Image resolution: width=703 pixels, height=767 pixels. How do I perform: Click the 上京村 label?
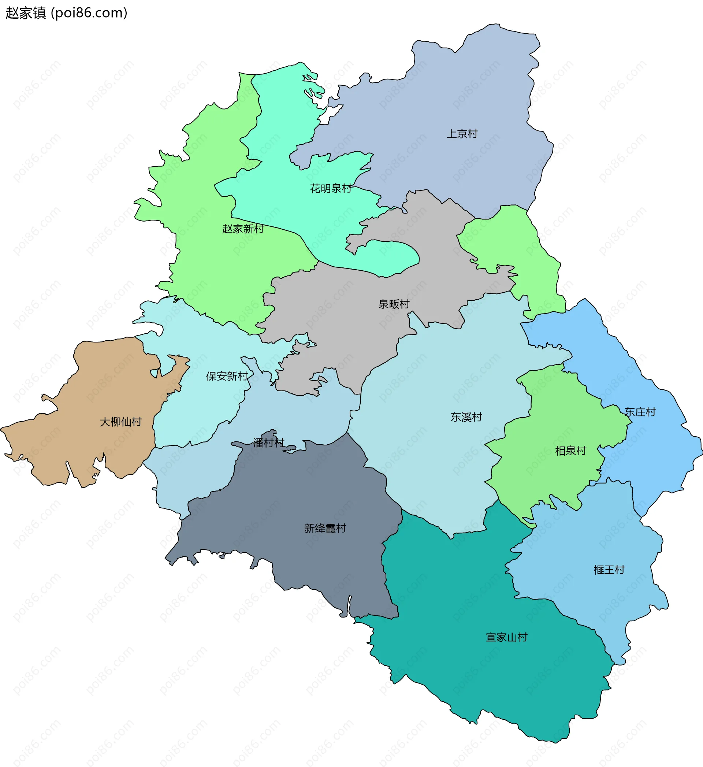462,134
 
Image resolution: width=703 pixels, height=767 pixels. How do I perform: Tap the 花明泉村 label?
331,188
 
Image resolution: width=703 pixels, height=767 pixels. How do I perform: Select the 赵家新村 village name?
243,229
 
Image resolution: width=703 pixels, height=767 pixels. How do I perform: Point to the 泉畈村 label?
394,304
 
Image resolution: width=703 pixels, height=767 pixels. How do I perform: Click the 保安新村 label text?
227,376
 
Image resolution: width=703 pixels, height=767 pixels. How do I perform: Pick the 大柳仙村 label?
120,422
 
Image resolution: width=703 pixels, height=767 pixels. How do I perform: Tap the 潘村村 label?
269,442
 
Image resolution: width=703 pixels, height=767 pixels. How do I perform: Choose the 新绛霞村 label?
325,528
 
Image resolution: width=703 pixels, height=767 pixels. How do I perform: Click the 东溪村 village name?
466,417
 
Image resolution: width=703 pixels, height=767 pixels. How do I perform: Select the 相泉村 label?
570,451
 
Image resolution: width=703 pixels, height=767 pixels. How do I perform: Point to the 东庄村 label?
640,412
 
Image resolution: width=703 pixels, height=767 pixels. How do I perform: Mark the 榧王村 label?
609,570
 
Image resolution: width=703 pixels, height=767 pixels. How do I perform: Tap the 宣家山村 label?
506,637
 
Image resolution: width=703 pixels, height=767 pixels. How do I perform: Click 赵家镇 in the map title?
26,13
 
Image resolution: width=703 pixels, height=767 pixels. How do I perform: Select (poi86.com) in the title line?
89,13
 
